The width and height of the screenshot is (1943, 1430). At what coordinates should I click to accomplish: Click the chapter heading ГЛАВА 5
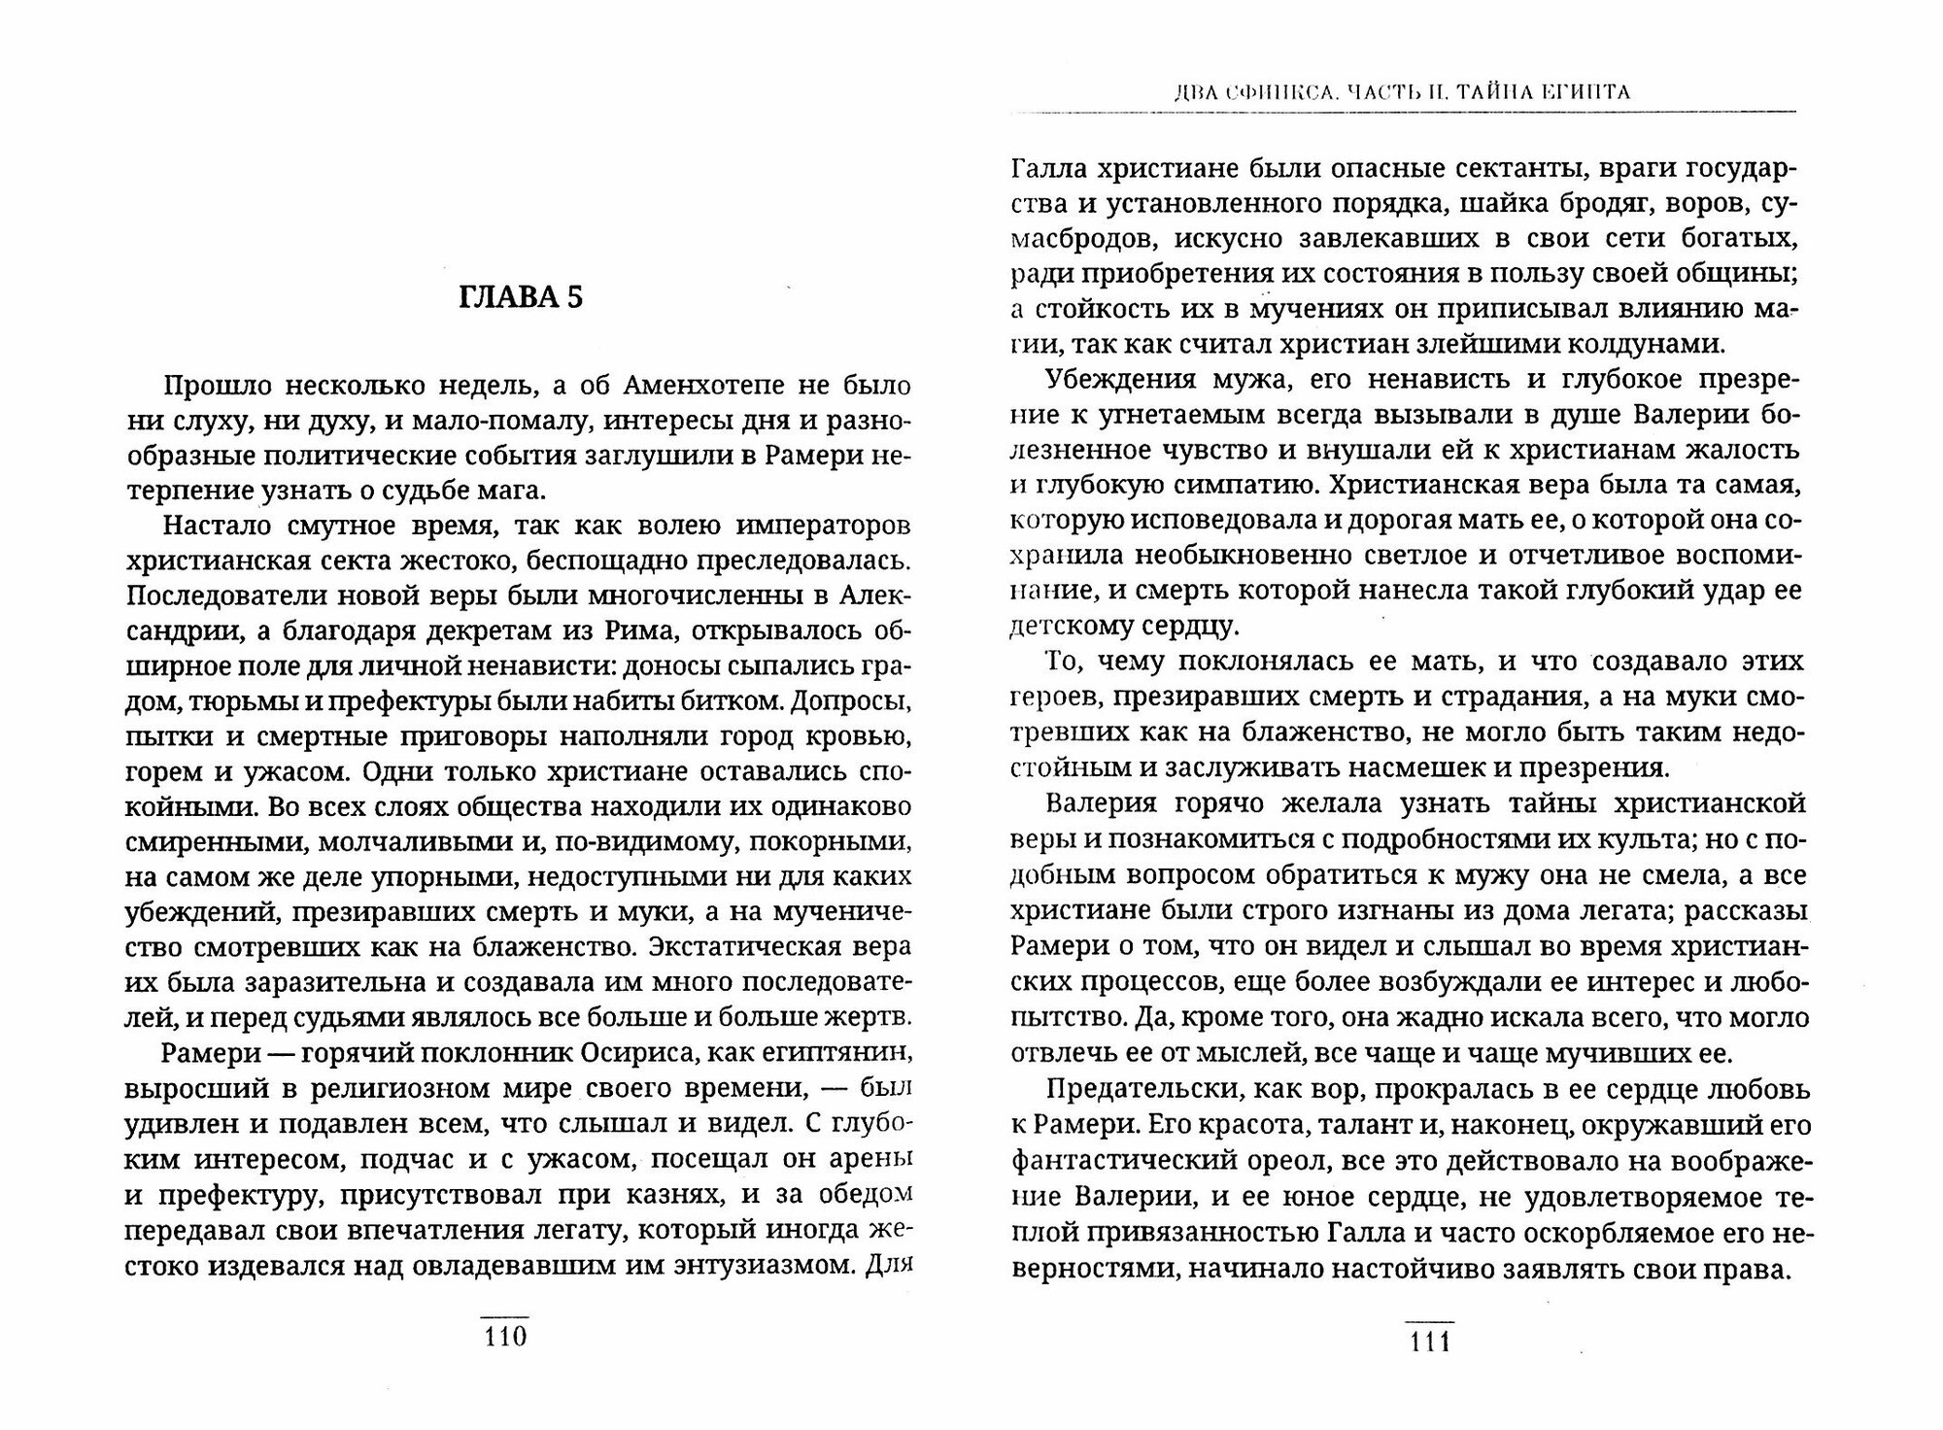[x=520, y=297]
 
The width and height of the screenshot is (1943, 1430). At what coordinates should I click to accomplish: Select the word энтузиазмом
[x=745, y=1266]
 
